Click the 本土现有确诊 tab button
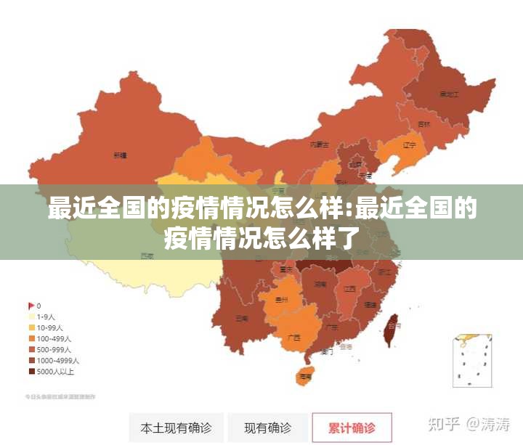pos(176,428)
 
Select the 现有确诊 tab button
pos(267,428)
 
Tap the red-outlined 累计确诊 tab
pos(352,428)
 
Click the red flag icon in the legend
pos(31,306)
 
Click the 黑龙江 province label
pos(449,94)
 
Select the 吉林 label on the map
pos(423,124)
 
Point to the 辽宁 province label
pos(409,144)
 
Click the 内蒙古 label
pos(320,144)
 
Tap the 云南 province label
pos(242,318)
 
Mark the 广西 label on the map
pos(294,337)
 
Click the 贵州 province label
pos(282,299)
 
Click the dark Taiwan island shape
pos(393,327)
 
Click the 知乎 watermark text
pos(443,423)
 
